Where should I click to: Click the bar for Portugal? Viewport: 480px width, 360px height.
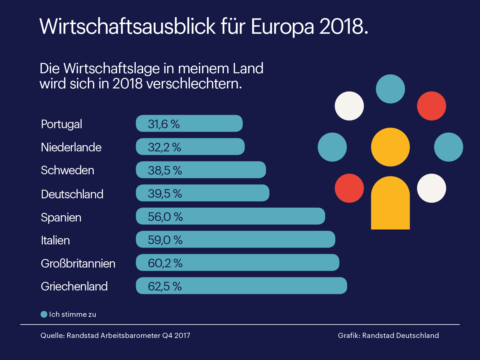click(189, 123)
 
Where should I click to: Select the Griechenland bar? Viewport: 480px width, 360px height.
click(241, 286)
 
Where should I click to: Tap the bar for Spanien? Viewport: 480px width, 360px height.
click(230, 216)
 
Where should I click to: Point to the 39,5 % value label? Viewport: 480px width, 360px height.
click(165, 194)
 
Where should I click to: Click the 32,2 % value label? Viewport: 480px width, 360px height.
click(164, 147)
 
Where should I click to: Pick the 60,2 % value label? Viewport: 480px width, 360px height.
click(165, 263)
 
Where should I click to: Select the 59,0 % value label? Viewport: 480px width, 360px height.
click(165, 240)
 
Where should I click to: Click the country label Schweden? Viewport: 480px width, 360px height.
click(68, 170)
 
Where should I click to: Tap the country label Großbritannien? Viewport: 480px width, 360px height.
click(78, 264)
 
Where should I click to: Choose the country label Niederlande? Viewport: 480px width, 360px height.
click(71, 147)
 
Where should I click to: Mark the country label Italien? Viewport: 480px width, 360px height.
click(55, 240)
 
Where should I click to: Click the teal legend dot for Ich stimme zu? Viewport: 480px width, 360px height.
click(44, 314)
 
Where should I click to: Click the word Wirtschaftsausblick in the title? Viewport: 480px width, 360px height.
click(127, 27)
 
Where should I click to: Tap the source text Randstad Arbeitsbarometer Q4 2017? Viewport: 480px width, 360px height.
click(128, 335)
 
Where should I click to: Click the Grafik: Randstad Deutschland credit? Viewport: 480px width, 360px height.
click(388, 335)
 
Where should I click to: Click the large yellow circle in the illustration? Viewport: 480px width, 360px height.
click(390, 147)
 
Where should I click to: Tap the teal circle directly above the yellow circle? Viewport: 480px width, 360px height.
click(390, 89)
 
